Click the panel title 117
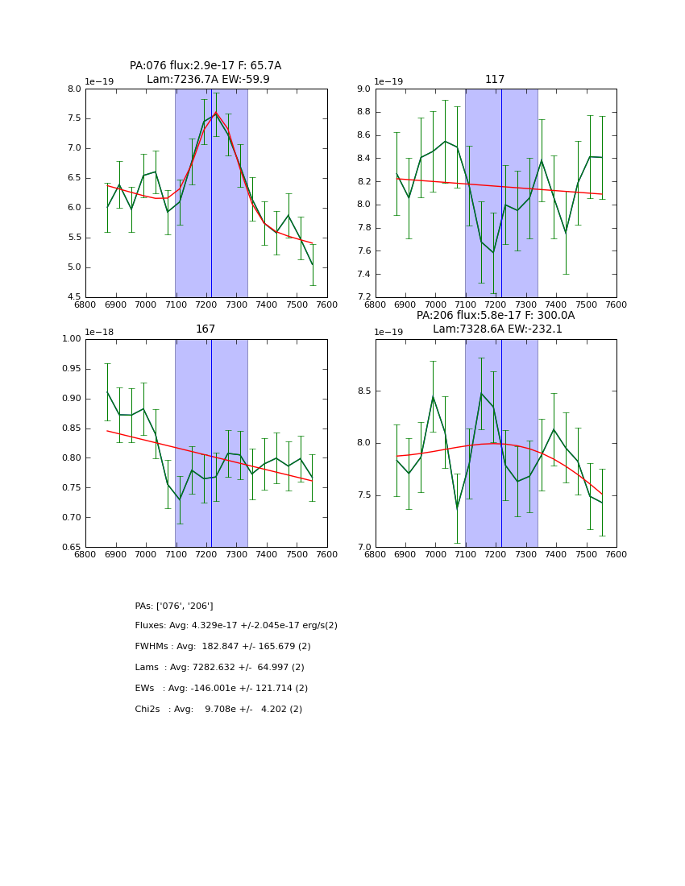pos(495,80)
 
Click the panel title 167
pos(205,329)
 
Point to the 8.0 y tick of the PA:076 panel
pos(74,89)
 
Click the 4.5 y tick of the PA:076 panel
pos(74,297)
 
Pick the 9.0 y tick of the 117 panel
pos(363,89)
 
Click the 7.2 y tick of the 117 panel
pos(363,297)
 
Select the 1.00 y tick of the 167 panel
pos(71,339)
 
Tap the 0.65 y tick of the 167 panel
pos(71,547)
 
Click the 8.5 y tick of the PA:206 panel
pos(363,391)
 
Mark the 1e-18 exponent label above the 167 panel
pos(99,332)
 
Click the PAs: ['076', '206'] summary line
pos(174,606)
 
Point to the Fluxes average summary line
pos(236,626)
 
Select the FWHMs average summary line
pos(222,647)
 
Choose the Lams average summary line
pos(219,668)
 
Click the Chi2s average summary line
pos(218,710)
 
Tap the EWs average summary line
pos(221,689)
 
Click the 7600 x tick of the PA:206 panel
pos(616,555)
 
